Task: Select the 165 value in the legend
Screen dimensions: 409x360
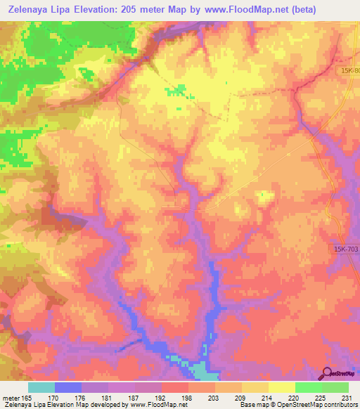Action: pos(29,397)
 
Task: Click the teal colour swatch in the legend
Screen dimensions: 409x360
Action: pos(41,387)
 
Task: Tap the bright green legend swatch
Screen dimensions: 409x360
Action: pos(309,387)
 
